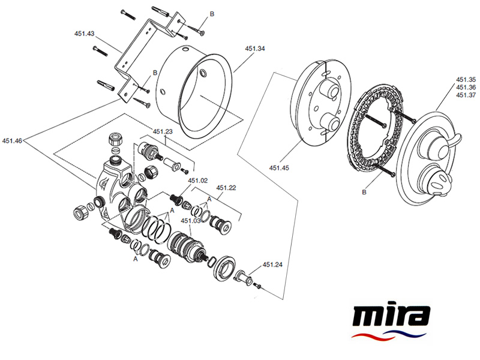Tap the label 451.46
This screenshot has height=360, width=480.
point(12,141)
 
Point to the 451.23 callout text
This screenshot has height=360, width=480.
point(163,132)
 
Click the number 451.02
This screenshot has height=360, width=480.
point(198,180)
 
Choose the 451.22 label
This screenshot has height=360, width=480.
point(226,188)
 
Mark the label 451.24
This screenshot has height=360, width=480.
point(272,265)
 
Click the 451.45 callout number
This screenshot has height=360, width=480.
point(280,168)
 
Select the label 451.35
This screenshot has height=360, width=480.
point(466,79)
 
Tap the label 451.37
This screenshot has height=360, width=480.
point(466,95)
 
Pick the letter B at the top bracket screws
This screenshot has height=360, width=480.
point(211,13)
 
